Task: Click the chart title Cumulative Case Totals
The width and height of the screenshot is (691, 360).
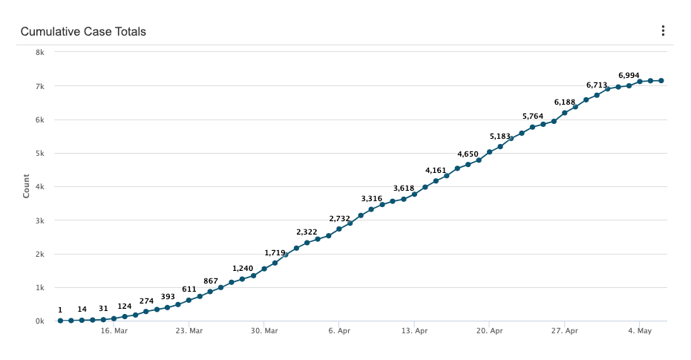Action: (x=83, y=32)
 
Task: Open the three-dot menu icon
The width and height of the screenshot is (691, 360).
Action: (x=663, y=31)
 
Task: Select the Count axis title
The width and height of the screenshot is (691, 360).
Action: (x=27, y=186)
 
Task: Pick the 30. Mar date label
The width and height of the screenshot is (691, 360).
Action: (x=264, y=331)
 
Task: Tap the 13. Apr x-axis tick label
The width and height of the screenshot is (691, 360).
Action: (x=414, y=331)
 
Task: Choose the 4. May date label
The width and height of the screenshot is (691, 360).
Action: (x=640, y=331)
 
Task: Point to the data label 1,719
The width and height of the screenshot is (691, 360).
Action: (x=275, y=253)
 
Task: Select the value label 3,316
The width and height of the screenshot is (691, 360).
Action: (x=372, y=199)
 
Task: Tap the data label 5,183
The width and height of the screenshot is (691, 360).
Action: (x=500, y=137)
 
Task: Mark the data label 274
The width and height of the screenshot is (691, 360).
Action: (x=146, y=301)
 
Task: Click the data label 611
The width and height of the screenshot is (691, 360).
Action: (x=189, y=289)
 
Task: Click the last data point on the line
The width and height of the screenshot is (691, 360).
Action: (x=661, y=81)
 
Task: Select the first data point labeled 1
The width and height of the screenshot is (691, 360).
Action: (x=61, y=321)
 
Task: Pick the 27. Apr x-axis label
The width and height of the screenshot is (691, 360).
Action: (x=565, y=331)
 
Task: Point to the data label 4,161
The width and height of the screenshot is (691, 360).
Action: (x=436, y=171)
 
